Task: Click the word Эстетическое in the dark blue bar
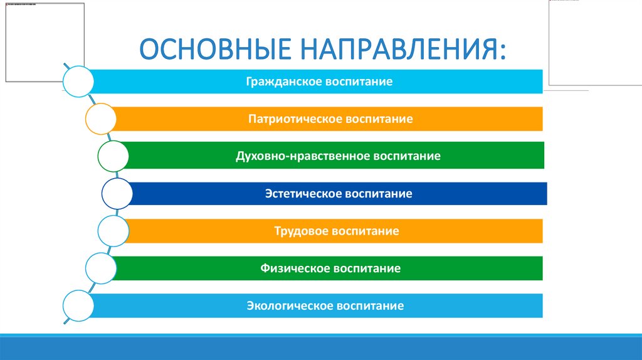(x=302, y=194)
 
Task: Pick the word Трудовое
(x=297, y=231)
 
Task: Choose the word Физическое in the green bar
(x=295, y=268)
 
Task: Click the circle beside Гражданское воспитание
(x=78, y=81)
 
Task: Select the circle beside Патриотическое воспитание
(x=100, y=119)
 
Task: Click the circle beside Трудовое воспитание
(x=113, y=230)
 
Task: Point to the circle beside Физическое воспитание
(x=100, y=268)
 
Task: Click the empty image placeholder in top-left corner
(x=44, y=42)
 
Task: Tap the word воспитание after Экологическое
(x=371, y=306)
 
